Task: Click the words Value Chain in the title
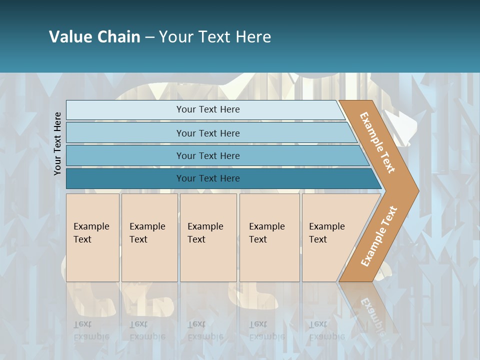[x=94, y=36]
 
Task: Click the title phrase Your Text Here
[x=215, y=36]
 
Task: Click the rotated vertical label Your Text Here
[x=57, y=143]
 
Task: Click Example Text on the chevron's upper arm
[x=377, y=142]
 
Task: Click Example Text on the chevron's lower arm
[x=379, y=236]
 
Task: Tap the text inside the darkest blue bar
[x=208, y=178]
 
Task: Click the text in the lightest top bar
[x=208, y=109]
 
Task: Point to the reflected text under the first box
[x=91, y=330]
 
